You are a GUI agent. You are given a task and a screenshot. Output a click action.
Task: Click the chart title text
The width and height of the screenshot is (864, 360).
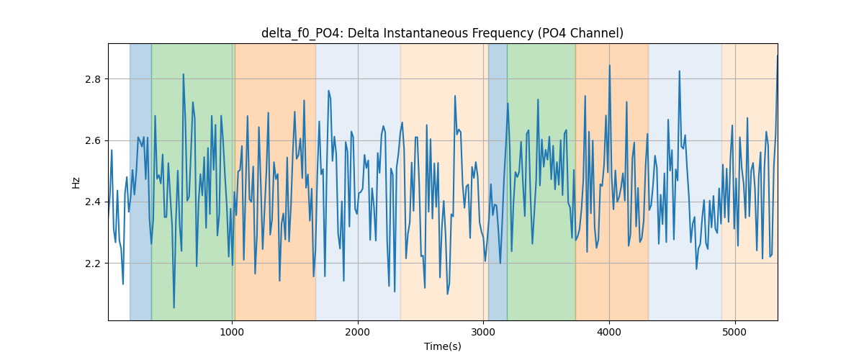442,33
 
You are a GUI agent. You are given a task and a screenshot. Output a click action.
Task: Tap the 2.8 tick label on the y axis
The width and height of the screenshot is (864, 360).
93,79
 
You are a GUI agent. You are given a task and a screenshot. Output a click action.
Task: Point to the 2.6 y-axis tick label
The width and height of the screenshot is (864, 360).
93,140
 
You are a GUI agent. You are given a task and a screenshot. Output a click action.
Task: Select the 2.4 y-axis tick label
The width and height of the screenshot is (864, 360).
93,202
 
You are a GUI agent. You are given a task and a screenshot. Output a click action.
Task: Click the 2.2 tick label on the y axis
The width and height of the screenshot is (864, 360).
93,263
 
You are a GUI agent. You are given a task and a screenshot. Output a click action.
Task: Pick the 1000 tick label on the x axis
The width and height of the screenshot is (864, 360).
232,332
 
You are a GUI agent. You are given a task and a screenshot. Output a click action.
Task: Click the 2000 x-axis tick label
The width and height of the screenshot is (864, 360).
358,332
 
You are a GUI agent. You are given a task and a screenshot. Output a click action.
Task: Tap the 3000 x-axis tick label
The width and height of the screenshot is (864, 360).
483,332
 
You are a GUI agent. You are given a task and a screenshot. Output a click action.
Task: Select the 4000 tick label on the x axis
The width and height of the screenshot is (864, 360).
609,332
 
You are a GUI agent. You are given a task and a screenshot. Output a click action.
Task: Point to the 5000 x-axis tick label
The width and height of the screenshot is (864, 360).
735,332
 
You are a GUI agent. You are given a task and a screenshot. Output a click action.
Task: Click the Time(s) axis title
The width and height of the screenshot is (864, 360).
442,346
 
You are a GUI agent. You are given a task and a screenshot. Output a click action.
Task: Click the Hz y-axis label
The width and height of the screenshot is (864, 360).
76,182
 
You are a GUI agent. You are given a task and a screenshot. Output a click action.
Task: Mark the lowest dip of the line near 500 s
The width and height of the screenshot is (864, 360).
174,307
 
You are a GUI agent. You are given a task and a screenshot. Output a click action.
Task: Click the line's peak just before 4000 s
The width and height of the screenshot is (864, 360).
609,66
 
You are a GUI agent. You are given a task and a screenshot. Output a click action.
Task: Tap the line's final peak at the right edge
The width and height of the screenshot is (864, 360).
777,56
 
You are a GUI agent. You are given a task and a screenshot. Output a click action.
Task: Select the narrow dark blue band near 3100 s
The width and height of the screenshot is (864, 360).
498,181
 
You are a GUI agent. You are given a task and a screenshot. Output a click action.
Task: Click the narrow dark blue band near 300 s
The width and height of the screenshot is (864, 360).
140,181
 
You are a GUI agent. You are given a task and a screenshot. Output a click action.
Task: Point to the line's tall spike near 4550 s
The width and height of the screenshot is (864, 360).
679,71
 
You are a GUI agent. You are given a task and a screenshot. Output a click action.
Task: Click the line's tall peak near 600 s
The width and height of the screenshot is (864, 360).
183,74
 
